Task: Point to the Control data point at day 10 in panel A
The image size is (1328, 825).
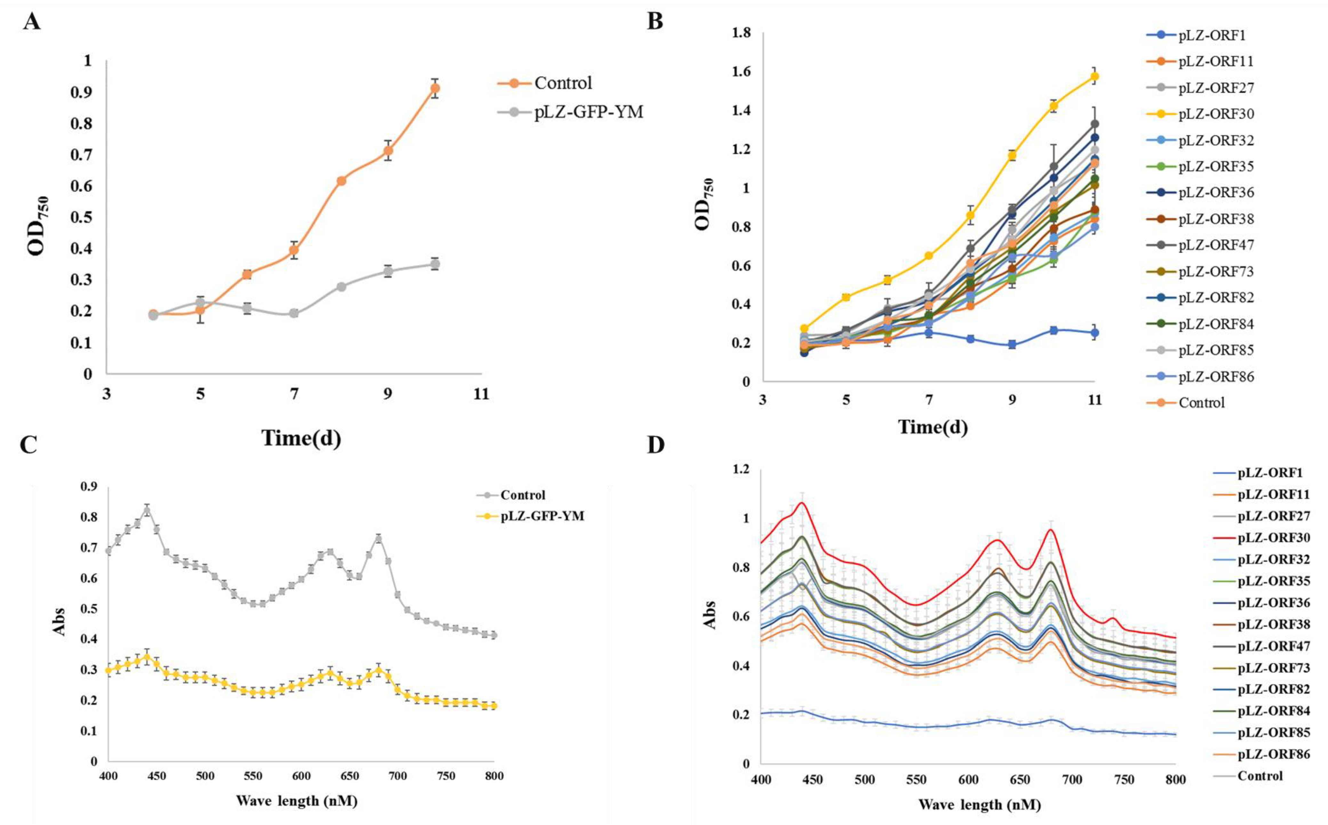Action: coord(435,88)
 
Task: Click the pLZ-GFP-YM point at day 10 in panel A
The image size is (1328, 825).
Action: coord(435,265)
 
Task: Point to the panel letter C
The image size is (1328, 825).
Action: coord(28,445)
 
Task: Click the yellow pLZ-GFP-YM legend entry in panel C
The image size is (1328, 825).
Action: coord(542,516)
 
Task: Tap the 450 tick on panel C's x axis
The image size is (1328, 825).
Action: coord(157,776)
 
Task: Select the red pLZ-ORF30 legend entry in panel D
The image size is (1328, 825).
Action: coord(1273,538)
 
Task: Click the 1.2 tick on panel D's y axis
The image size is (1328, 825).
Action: coord(743,470)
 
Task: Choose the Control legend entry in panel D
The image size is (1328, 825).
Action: coord(1260,776)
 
